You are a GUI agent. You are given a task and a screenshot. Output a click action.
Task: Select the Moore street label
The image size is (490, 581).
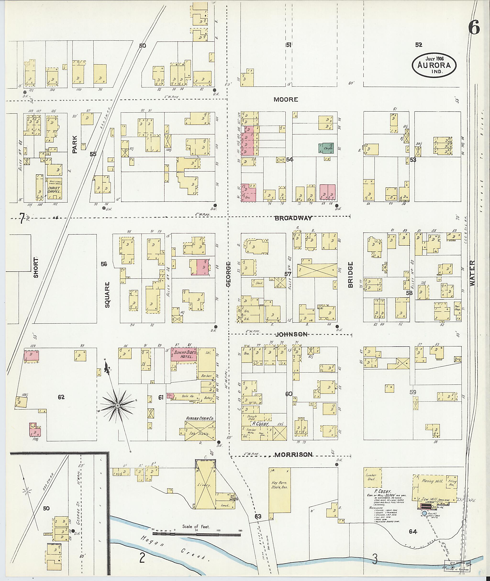point(286,100)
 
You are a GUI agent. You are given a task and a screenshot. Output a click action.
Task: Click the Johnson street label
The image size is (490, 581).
point(291,334)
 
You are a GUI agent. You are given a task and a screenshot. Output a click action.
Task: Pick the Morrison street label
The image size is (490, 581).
point(293,454)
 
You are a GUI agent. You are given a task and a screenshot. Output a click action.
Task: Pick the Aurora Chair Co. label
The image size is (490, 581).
point(200,418)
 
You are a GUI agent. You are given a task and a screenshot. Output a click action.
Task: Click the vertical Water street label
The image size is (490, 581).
point(473,273)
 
